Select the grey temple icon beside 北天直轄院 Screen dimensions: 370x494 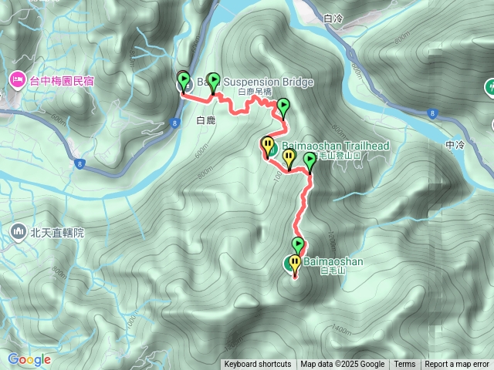point(17,231)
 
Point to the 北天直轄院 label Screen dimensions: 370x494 point(57,231)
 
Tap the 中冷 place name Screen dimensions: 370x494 point(455,145)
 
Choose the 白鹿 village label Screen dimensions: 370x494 point(206,120)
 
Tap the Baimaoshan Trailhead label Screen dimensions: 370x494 point(332,145)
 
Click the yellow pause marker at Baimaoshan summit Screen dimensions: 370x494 point(294,263)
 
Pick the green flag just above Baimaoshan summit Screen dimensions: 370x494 point(298,245)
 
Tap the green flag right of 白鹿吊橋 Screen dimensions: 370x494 point(283,106)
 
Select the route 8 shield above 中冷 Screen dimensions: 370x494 point(431,114)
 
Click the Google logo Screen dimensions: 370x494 point(29,359)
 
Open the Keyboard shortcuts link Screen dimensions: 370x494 point(258,365)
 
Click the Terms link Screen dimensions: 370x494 point(404,365)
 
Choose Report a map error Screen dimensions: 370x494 point(457,365)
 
